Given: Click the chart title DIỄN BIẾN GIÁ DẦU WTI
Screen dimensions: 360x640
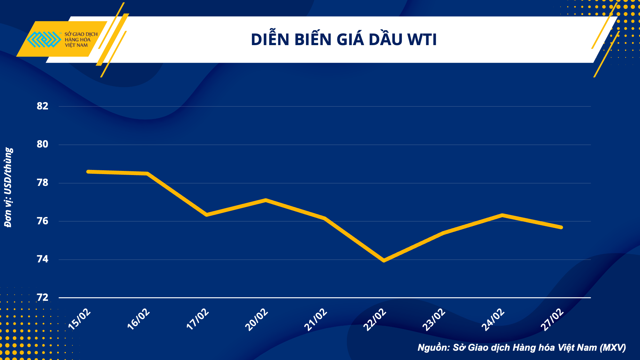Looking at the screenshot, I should tap(344, 40).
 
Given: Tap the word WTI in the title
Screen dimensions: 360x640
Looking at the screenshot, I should tap(422, 40).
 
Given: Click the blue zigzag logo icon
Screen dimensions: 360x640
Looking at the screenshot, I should tap(44, 39).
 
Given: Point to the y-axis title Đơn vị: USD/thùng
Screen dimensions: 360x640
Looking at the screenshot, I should tap(8, 187).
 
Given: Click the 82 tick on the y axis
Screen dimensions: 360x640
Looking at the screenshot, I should tap(43, 106).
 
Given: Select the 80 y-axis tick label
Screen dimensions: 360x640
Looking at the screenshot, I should tap(43, 144).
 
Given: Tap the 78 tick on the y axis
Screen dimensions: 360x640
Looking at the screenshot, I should tap(43, 183).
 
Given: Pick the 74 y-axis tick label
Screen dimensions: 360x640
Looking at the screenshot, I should tap(43, 259).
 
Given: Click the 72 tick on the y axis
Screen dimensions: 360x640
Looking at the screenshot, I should tap(43, 298).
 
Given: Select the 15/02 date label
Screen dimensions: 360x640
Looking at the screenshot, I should tap(80, 319).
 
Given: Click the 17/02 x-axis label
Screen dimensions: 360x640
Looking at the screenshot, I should tap(198, 319).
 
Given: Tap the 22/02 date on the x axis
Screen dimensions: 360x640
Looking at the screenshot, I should tap(375, 319).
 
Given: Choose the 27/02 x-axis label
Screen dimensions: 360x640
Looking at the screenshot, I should tap(552, 319).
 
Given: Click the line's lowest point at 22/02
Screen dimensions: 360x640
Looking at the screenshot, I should tap(384, 261).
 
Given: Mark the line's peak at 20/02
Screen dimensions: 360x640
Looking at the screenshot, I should tap(266, 200).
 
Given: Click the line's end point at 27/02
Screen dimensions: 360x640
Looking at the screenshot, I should tap(561, 227).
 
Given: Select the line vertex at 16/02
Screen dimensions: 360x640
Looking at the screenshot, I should tap(147, 173).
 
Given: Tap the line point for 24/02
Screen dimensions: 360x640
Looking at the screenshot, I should tap(502, 215).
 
